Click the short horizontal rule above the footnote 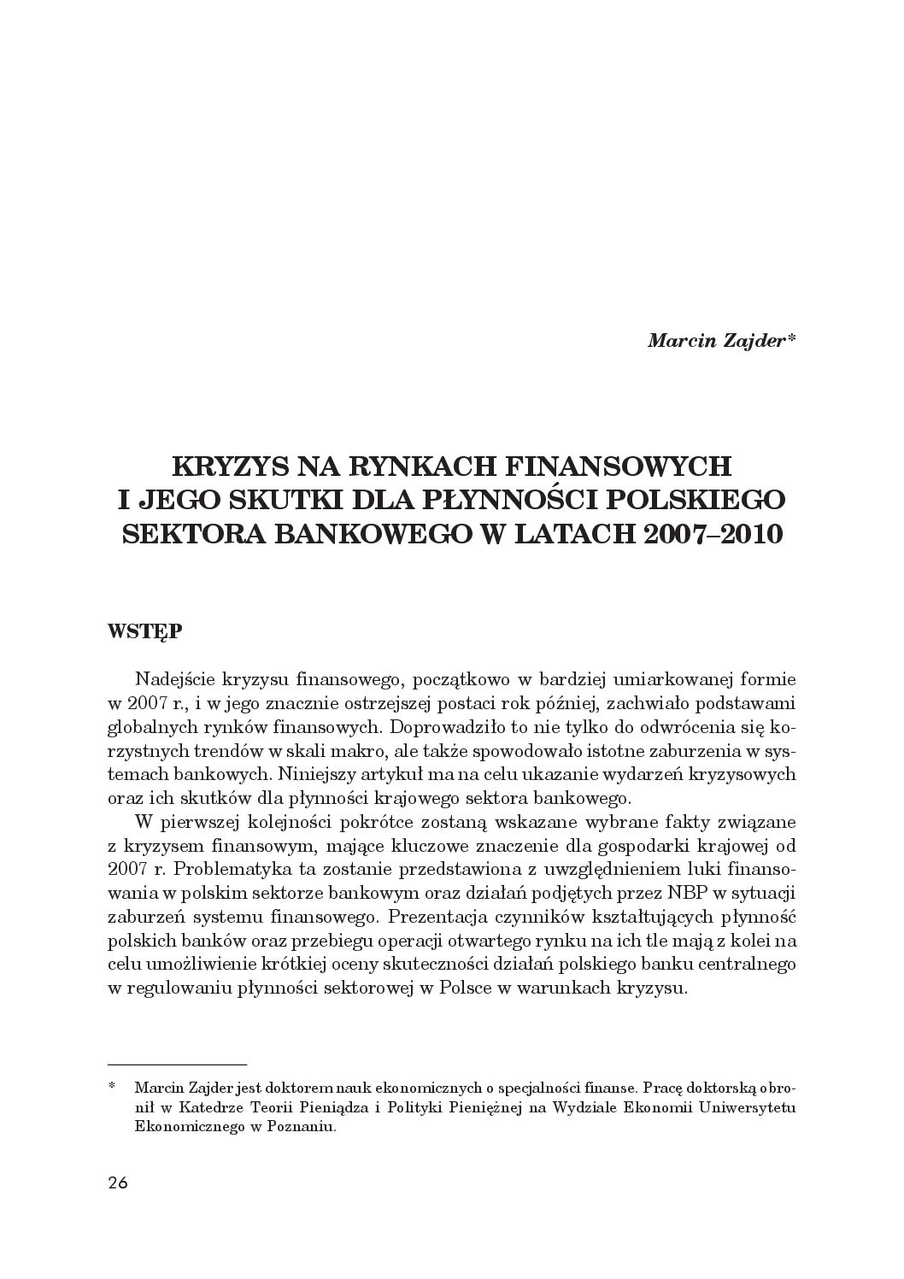coord(178,1065)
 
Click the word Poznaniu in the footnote coord(301,1126)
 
